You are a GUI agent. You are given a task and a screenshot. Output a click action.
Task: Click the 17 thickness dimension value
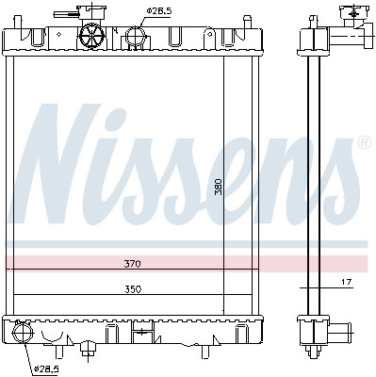coord(346,282)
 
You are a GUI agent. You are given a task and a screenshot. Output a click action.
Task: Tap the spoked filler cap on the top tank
coord(94,36)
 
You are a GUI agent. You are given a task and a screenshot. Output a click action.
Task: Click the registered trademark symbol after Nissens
coord(363,144)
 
